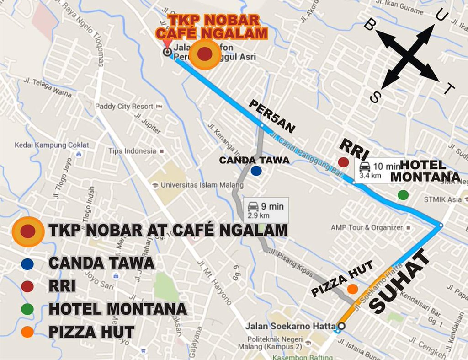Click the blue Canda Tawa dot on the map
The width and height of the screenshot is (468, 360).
coord(256,171)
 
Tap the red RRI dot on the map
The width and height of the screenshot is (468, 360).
coord(343,162)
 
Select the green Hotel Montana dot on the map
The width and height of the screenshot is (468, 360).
coord(403,195)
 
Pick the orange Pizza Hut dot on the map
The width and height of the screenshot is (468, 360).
coord(352,289)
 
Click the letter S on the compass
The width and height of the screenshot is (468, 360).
coord(376,97)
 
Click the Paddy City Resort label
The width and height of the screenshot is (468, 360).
coord(124,107)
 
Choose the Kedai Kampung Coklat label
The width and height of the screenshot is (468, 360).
coord(52,145)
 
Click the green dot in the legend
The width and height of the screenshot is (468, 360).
coord(27,309)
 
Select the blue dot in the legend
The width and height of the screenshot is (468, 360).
coord(27,264)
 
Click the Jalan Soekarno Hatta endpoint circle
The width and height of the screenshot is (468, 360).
coord(341,326)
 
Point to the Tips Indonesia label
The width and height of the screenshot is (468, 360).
coord(132,151)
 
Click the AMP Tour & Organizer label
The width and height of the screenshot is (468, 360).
coord(367,227)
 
